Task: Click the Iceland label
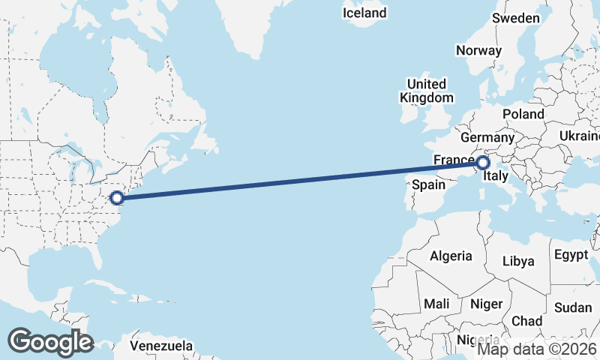point(364,13)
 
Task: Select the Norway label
point(478,51)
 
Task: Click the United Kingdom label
point(426,91)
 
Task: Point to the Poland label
point(523,114)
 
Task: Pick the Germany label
point(487,138)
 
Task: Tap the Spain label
point(430,184)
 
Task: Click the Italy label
point(496,177)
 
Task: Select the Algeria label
point(451,256)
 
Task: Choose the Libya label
point(519,261)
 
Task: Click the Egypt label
point(571,255)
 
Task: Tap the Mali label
point(436,304)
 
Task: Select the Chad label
point(526,321)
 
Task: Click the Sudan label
point(573,307)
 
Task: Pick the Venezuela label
point(161,346)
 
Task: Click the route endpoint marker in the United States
point(116,198)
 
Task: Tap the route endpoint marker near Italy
point(483,162)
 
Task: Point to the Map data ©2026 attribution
point(538,348)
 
